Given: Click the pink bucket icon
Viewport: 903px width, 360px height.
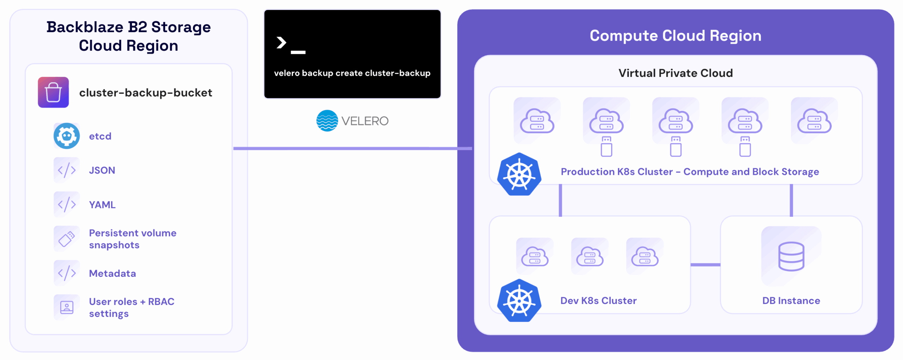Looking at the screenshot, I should pyautogui.click(x=53, y=92).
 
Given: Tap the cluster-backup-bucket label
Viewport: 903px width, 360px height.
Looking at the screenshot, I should pyautogui.click(x=145, y=93).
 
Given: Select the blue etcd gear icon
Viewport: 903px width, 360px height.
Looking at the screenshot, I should pyautogui.click(x=66, y=136).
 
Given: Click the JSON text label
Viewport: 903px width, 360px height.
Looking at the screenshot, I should pyautogui.click(x=102, y=170).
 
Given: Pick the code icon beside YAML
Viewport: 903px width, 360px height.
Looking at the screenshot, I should pyautogui.click(x=67, y=205).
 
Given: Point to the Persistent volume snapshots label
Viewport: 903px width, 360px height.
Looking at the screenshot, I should pyautogui.click(x=132, y=239).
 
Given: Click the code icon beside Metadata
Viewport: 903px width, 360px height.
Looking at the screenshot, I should pyautogui.click(x=67, y=273).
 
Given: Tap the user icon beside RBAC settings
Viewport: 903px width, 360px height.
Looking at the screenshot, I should pyautogui.click(x=67, y=307).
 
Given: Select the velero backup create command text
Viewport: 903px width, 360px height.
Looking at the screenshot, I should pyautogui.click(x=352, y=73).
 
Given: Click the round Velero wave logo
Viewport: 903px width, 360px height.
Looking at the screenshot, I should pyautogui.click(x=327, y=121).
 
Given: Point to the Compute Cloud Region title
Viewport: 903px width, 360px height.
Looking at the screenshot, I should pyautogui.click(x=675, y=36).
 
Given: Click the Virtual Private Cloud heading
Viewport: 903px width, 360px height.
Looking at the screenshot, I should pyautogui.click(x=675, y=73).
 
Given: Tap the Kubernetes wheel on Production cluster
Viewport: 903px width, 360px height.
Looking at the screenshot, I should pyautogui.click(x=519, y=175).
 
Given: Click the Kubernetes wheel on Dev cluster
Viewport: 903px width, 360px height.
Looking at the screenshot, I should pyautogui.click(x=519, y=301).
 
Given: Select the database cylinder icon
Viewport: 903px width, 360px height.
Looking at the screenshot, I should pyautogui.click(x=791, y=256).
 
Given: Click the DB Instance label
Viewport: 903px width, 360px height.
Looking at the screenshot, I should pyautogui.click(x=791, y=301).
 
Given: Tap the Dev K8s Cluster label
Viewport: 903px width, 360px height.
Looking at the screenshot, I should pyautogui.click(x=598, y=301).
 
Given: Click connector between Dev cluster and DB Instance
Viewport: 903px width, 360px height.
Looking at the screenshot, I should pyautogui.click(x=705, y=264).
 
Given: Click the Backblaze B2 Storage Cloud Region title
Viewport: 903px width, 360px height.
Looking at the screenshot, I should pyautogui.click(x=128, y=36).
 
